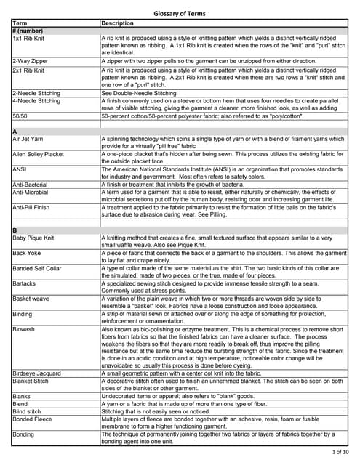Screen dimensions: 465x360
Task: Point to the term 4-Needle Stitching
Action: (36, 101)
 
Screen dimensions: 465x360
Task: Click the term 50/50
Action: (20, 116)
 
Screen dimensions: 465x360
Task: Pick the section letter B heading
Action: (15, 230)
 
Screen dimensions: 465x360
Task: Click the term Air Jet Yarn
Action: (30, 139)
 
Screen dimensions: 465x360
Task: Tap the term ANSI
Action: (20, 169)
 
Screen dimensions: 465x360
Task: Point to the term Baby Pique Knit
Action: (34, 238)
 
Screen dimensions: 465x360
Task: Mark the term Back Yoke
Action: (28, 253)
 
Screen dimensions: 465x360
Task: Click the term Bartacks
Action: (26, 283)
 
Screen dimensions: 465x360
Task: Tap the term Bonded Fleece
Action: (33, 419)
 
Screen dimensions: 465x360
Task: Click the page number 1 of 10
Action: (340, 453)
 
